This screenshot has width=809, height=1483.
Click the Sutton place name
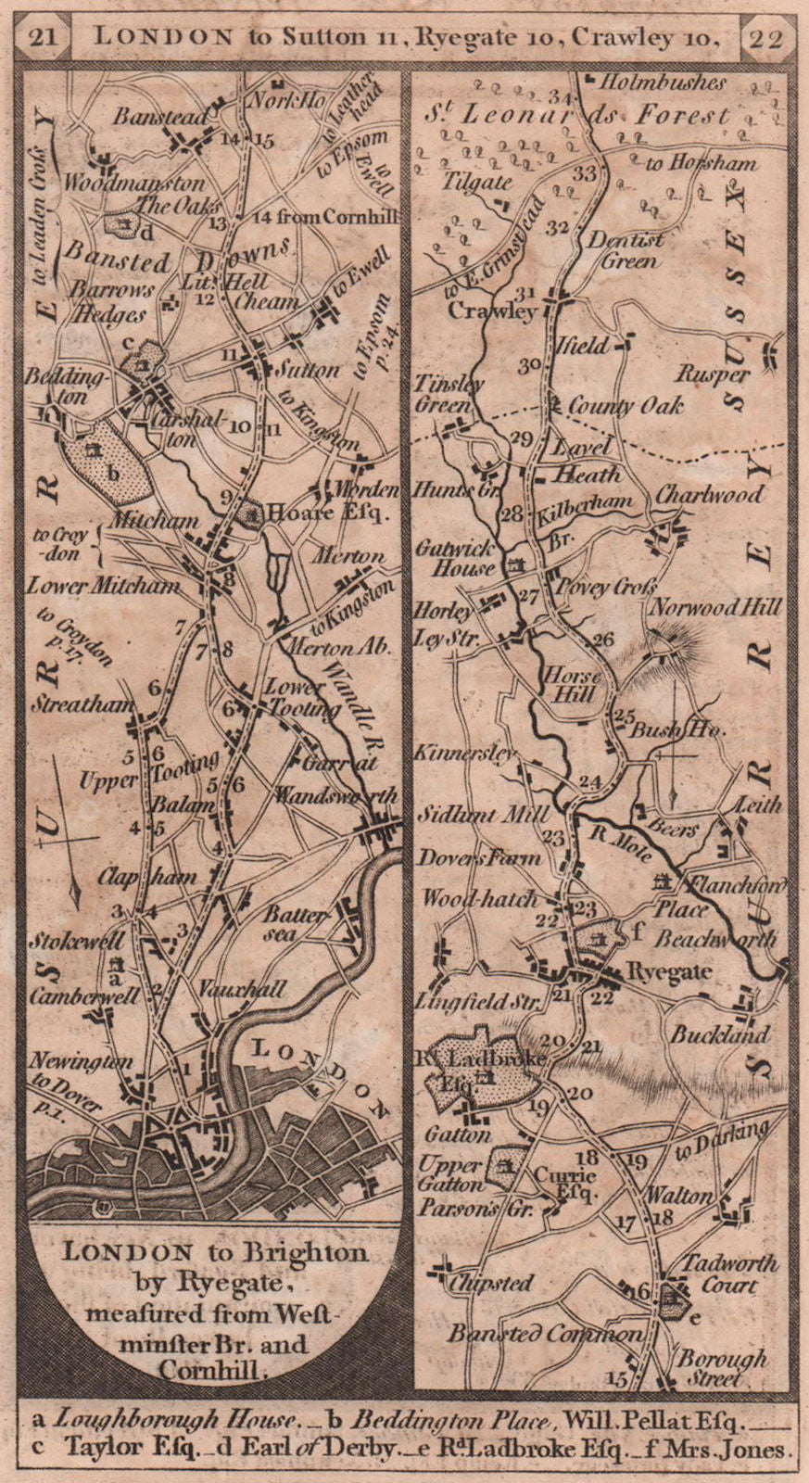coord(308,370)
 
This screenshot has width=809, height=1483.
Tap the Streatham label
coord(82,703)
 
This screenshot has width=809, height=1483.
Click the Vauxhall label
coord(242,991)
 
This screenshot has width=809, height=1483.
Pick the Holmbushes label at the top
coord(662,82)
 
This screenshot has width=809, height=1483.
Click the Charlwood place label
coord(709,493)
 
